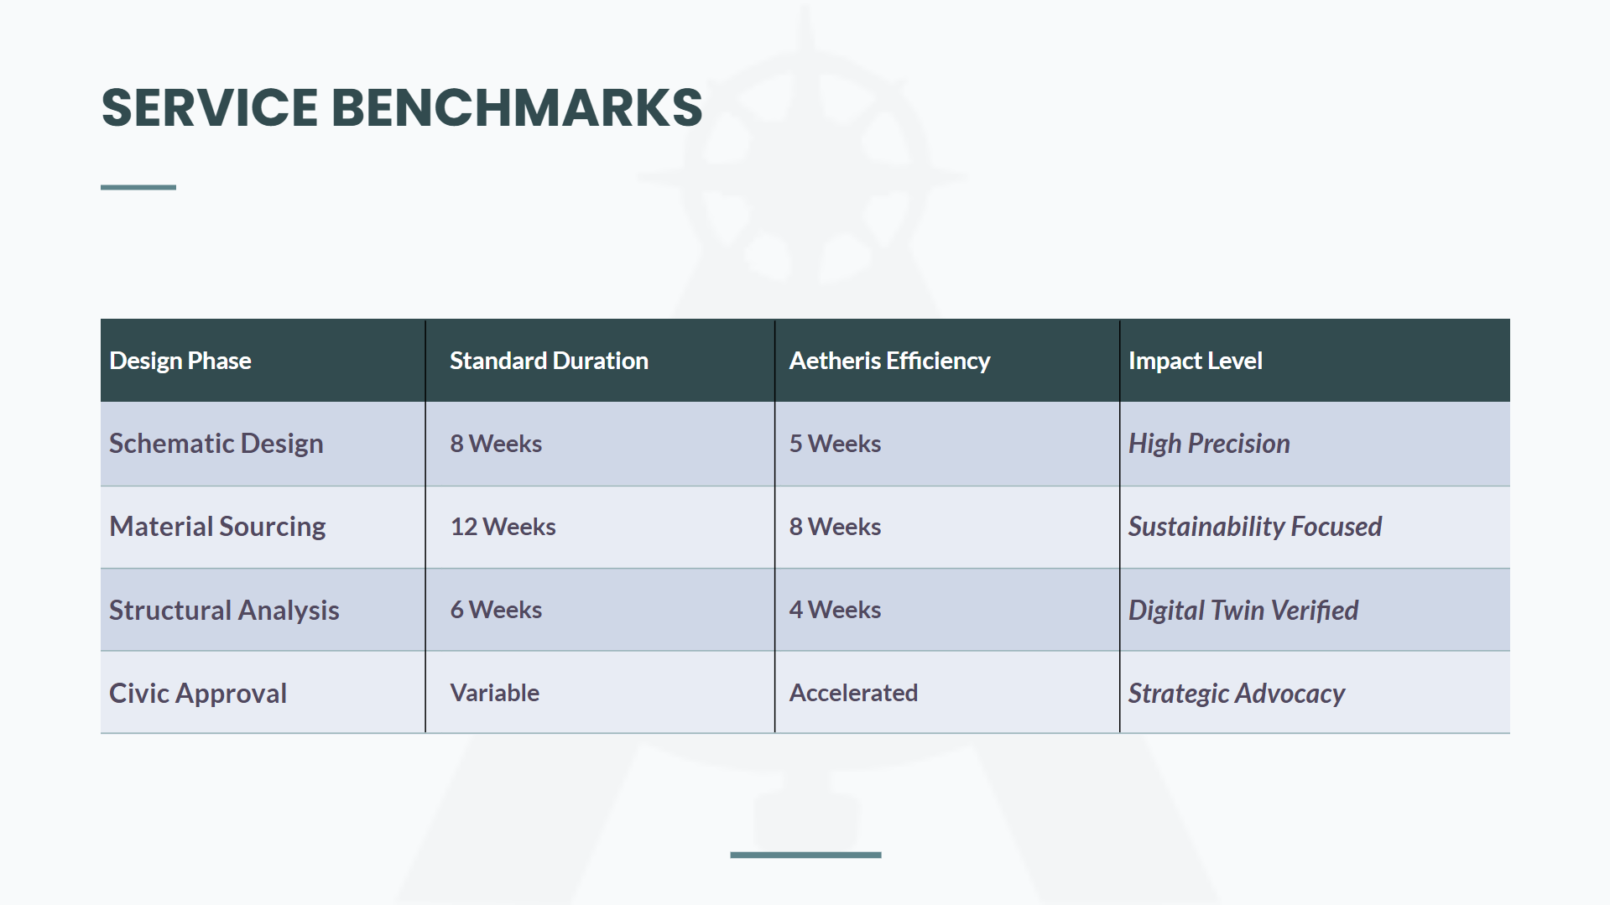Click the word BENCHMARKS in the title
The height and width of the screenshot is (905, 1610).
pyautogui.click(x=517, y=107)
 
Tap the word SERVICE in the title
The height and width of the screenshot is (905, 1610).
pyautogui.click(x=210, y=107)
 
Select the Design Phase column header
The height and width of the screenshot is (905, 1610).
pyautogui.click(x=180, y=361)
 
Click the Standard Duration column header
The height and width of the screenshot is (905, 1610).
pyautogui.click(x=549, y=361)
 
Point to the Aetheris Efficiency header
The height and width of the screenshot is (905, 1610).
pyautogui.click(x=889, y=361)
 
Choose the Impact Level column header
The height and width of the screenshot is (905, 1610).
pyautogui.click(x=1195, y=361)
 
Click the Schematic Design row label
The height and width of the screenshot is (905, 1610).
pyautogui.click(x=216, y=444)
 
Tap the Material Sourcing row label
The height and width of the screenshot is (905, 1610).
pyautogui.click(x=217, y=527)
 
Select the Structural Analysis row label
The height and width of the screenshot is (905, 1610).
pyautogui.click(x=224, y=610)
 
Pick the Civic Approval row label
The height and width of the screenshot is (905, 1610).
pyautogui.click(x=198, y=694)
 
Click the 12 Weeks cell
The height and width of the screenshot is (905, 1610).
pyautogui.click(x=503, y=527)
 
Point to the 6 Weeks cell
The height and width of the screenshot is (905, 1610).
pyautogui.click(x=496, y=610)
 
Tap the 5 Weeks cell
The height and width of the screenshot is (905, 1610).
pyautogui.click(x=835, y=444)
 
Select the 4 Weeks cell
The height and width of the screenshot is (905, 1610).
pyautogui.click(x=835, y=610)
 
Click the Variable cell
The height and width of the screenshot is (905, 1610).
pyautogui.click(x=494, y=693)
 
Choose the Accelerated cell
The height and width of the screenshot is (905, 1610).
pyautogui.click(x=853, y=693)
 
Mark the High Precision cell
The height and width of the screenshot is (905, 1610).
pyautogui.click(x=1209, y=444)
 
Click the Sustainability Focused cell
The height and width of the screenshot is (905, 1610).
pyautogui.click(x=1255, y=527)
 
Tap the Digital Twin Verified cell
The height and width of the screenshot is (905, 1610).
pyautogui.click(x=1243, y=610)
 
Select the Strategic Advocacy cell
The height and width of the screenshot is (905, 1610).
pyautogui.click(x=1237, y=694)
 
